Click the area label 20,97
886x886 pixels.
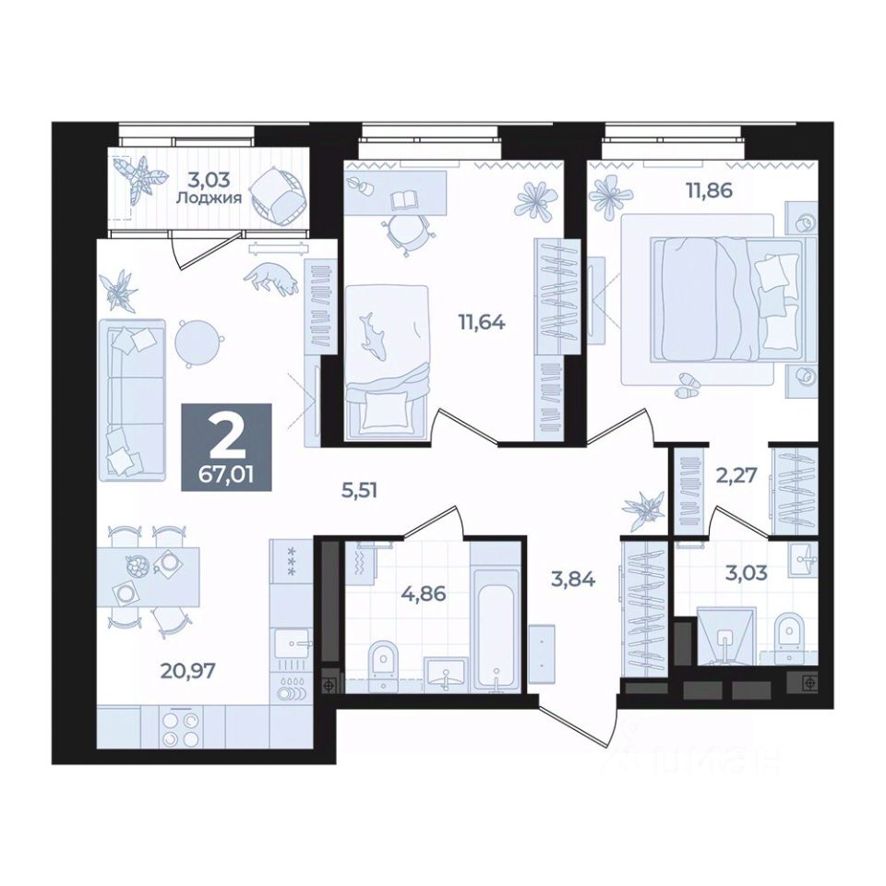click(x=188, y=671)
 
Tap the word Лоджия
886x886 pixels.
click(x=210, y=198)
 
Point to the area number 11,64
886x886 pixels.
click(x=482, y=323)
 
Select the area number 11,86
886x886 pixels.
click(x=709, y=190)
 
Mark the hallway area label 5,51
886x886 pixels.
click(x=359, y=490)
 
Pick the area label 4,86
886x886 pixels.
click(x=424, y=593)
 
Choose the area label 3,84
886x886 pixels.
click(x=572, y=579)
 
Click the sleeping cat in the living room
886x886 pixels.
click(x=271, y=277)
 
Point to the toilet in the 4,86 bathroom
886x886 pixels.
click(x=385, y=665)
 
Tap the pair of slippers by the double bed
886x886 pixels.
click(x=687, y=387)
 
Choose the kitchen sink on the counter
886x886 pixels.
click(x=293, y=643)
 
